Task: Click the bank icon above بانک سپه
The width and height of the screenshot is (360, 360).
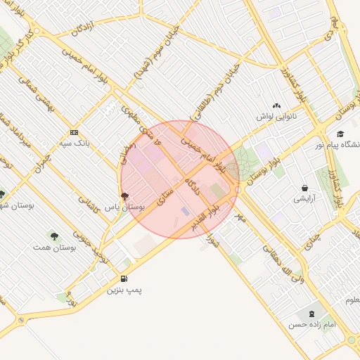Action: [x=74, y=132]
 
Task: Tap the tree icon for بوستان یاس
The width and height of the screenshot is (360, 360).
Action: [x=125, y=196]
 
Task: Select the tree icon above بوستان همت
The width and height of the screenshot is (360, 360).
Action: [x=55, y=236]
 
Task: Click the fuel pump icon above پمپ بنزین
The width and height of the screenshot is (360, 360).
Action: [x=124, y=278]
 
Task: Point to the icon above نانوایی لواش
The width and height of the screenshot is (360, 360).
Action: [x=276, y=105]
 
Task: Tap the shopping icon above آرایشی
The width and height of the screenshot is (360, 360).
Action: [x=304, y=188]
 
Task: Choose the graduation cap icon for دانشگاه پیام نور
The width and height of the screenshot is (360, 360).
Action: [x=340, y=134]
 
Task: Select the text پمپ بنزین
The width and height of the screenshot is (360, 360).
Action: [x=125, y=290]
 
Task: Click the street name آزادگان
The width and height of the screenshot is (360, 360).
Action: [x=83, y=28]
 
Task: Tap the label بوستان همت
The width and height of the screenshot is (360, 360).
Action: [x=54, y=248]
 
